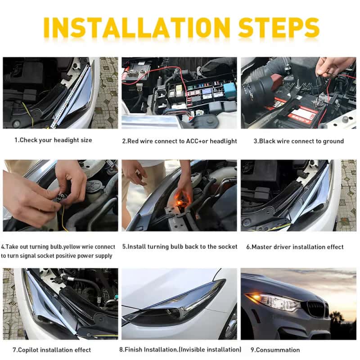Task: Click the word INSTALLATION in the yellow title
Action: [x=137, y=27]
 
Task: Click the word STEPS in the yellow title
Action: [x=279, y=27]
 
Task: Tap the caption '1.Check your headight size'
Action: [x=53, y=140]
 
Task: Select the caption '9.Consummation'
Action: [x=275, y=350]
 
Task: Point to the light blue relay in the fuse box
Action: [x=229, y=89]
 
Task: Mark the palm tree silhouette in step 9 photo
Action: [x=337, y=316]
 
